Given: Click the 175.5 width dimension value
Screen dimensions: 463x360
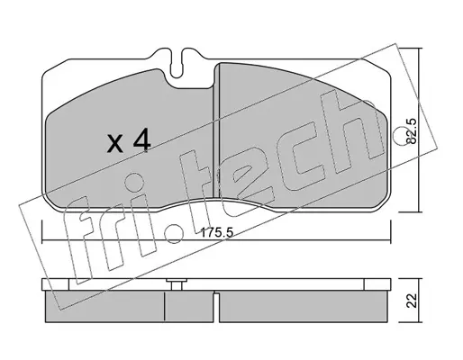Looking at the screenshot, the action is click(x=217, y=232).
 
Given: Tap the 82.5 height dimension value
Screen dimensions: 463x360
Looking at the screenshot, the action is click(x=412, y=130).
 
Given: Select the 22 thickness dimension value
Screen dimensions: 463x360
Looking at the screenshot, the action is click(x=412, y=301).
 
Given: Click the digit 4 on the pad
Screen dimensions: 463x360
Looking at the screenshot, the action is click(x=141, y=140).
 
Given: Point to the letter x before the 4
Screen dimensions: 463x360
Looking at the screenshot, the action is click(x=115, y=144).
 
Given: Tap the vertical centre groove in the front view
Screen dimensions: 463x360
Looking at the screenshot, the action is click(x=216, y=132).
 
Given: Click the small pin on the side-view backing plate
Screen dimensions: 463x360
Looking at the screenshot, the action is click(x=177, y=284).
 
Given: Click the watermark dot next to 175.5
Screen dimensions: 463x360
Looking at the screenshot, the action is click(x=174, y=234).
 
